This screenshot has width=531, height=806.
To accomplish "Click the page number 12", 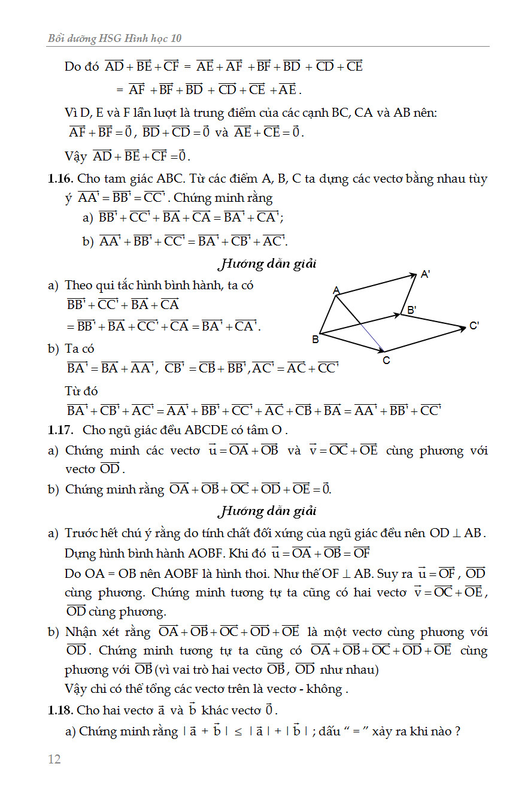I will pyautogui.click(x=54, y=759).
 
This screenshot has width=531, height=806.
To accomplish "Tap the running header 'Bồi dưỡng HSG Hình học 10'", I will pyautogui.click(x=114, y=38).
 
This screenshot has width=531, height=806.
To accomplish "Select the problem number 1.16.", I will pyautogui.click(x=60, y=178).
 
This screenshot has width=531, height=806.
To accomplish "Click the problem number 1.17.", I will pyautogui.click(x=60, y=430).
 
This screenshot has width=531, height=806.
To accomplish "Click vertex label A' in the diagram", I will pyautogui.click(x=425, y=274).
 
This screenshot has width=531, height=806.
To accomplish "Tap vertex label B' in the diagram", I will pyautogui.click(x=412, y=310).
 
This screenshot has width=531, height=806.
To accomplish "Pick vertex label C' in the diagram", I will pyautogui.click(x=474, y=326).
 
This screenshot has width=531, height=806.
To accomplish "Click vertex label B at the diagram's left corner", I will pyautogui.click(x=315, y=340).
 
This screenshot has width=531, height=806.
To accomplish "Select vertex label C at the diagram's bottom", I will pyautogui.click(x=386, y=360).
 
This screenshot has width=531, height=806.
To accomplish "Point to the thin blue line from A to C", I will pyautogui.click(x=360, y=323).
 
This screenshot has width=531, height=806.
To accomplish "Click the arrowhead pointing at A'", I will pyautogui.click(x=412, y=275).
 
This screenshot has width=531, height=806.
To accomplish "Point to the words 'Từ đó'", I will pyautogui.click(x=81, y=391).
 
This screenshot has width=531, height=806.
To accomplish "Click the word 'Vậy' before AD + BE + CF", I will pyautogui.click(x=75, y=156).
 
